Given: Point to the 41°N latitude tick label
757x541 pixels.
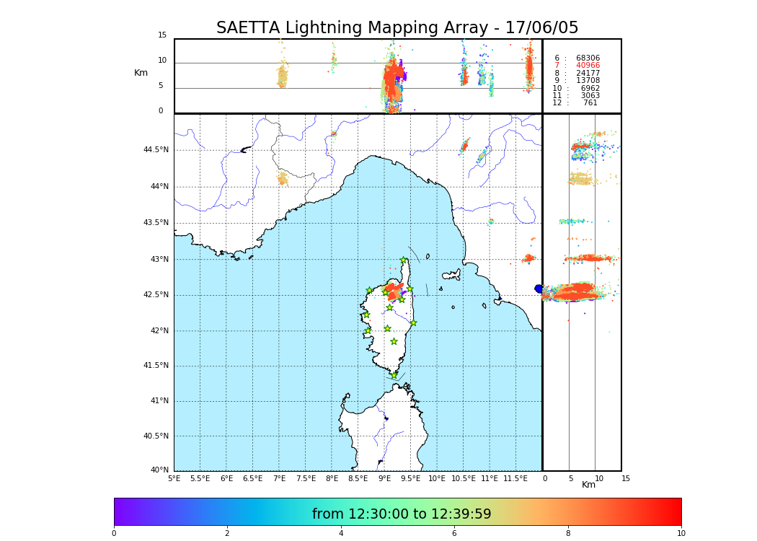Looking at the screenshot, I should (159, 401).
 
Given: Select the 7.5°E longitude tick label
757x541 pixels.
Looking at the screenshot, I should (306, 478).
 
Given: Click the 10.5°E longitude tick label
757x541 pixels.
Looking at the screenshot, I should (464, 478).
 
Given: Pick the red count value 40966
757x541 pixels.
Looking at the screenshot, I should (588, 66).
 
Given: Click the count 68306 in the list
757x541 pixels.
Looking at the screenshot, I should (588, 58).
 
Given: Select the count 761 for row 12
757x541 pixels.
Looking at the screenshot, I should (590, 103).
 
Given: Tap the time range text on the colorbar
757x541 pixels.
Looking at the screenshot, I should (402, 514).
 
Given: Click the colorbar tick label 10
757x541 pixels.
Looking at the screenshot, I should (681, 533).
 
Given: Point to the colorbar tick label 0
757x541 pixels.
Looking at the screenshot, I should (114, 533).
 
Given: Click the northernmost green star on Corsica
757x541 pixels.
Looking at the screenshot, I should (404, 260).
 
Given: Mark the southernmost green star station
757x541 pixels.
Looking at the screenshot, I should (394, 375).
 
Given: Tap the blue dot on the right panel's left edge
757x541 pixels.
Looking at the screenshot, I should (539, 289).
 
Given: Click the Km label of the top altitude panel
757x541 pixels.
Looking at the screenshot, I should (141, 73).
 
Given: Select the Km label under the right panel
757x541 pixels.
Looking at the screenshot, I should (588, 485).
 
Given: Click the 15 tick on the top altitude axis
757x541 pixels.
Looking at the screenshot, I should (162, 35).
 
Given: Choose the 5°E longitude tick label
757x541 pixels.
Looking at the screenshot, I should (174, 478).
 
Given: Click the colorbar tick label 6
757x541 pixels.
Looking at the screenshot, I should (453, 533).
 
